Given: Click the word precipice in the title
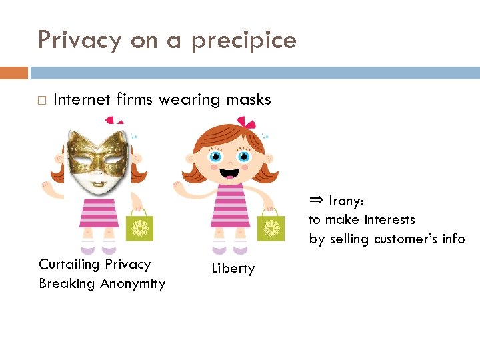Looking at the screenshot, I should (x=243, y=41).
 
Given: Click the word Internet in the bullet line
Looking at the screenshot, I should (x=82, y=100).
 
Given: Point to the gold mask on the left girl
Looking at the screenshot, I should (x=98, y=153).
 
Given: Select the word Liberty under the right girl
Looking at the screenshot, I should (x=233, y=269).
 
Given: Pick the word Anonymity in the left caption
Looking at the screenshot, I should (x=132, y=284).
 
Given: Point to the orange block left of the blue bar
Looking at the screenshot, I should (x=14, y=73).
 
